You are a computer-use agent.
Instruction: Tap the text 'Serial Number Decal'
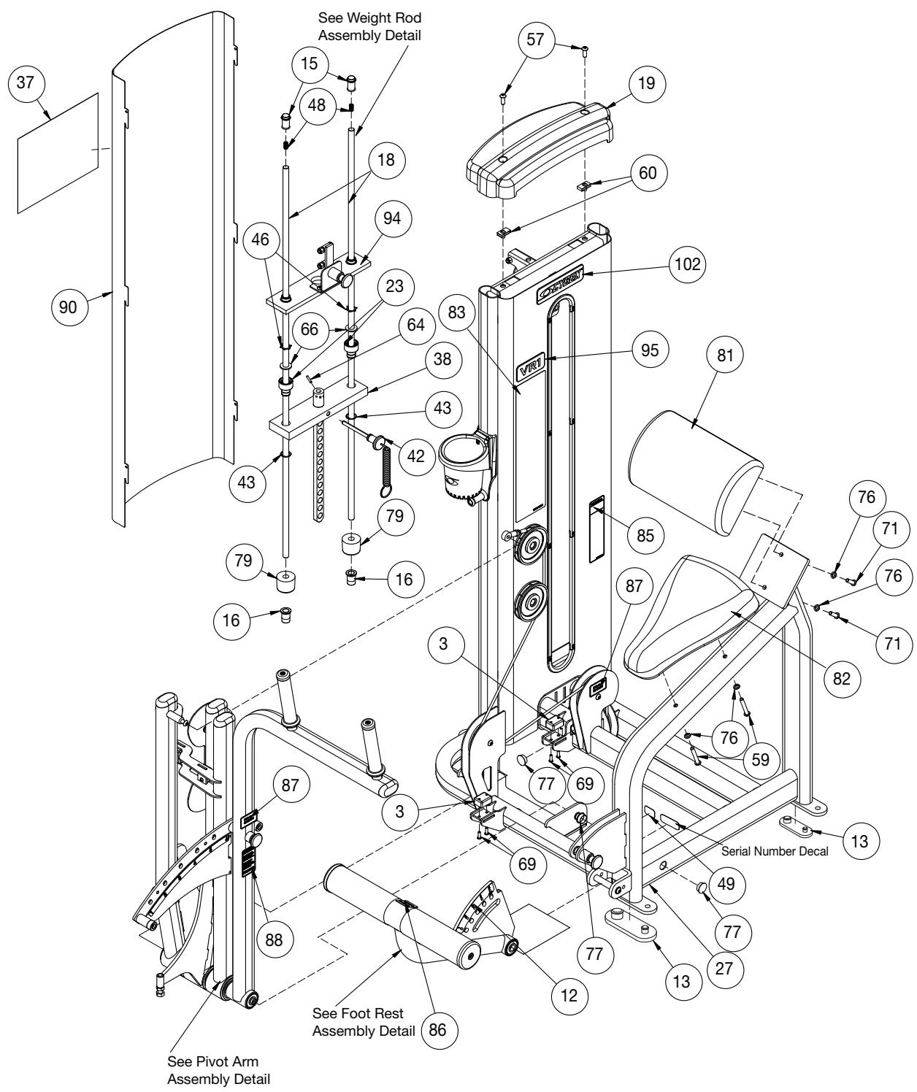click(774, 851)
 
